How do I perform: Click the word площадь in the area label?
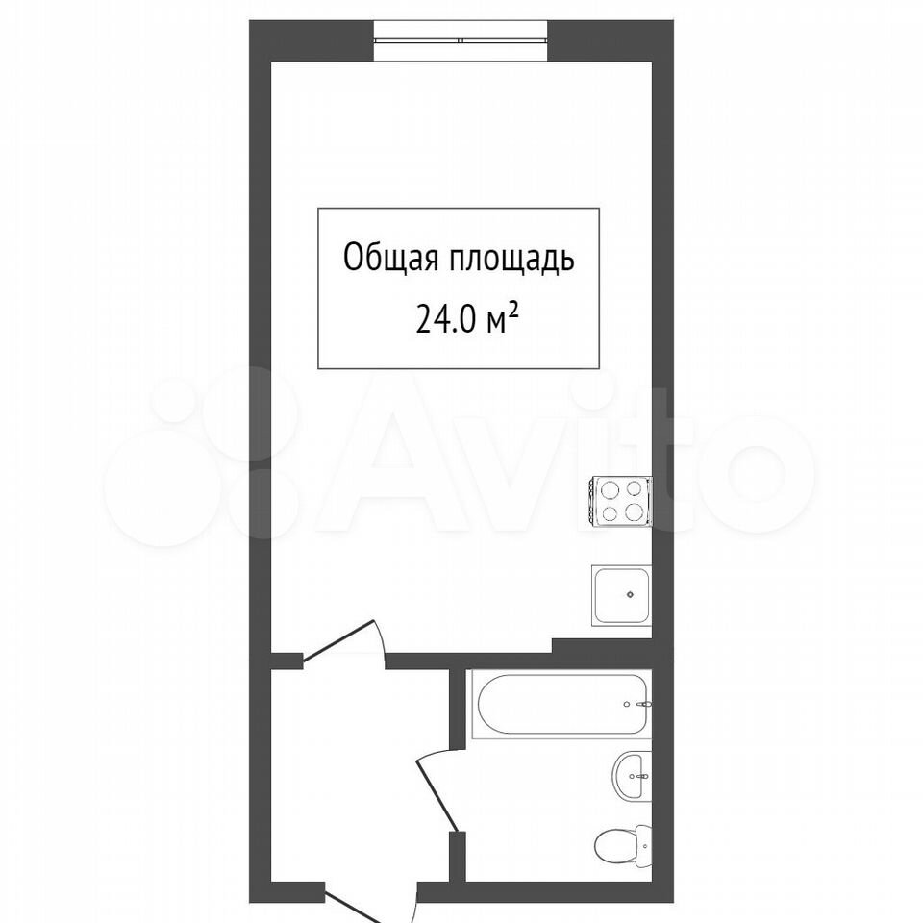pos(512,259)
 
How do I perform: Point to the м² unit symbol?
pos(503,321)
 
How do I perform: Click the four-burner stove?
pos(620,500)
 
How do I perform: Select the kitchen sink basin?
pos(622,596)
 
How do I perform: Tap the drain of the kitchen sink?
pos(630,594)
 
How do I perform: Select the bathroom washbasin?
pos(634,776)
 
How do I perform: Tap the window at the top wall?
pos(461,40)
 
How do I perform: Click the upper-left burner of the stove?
pos(607,488)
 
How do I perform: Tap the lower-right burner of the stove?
pos(634,511)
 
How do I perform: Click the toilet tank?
pos(644,846)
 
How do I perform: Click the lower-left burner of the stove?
pos(608,513)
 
